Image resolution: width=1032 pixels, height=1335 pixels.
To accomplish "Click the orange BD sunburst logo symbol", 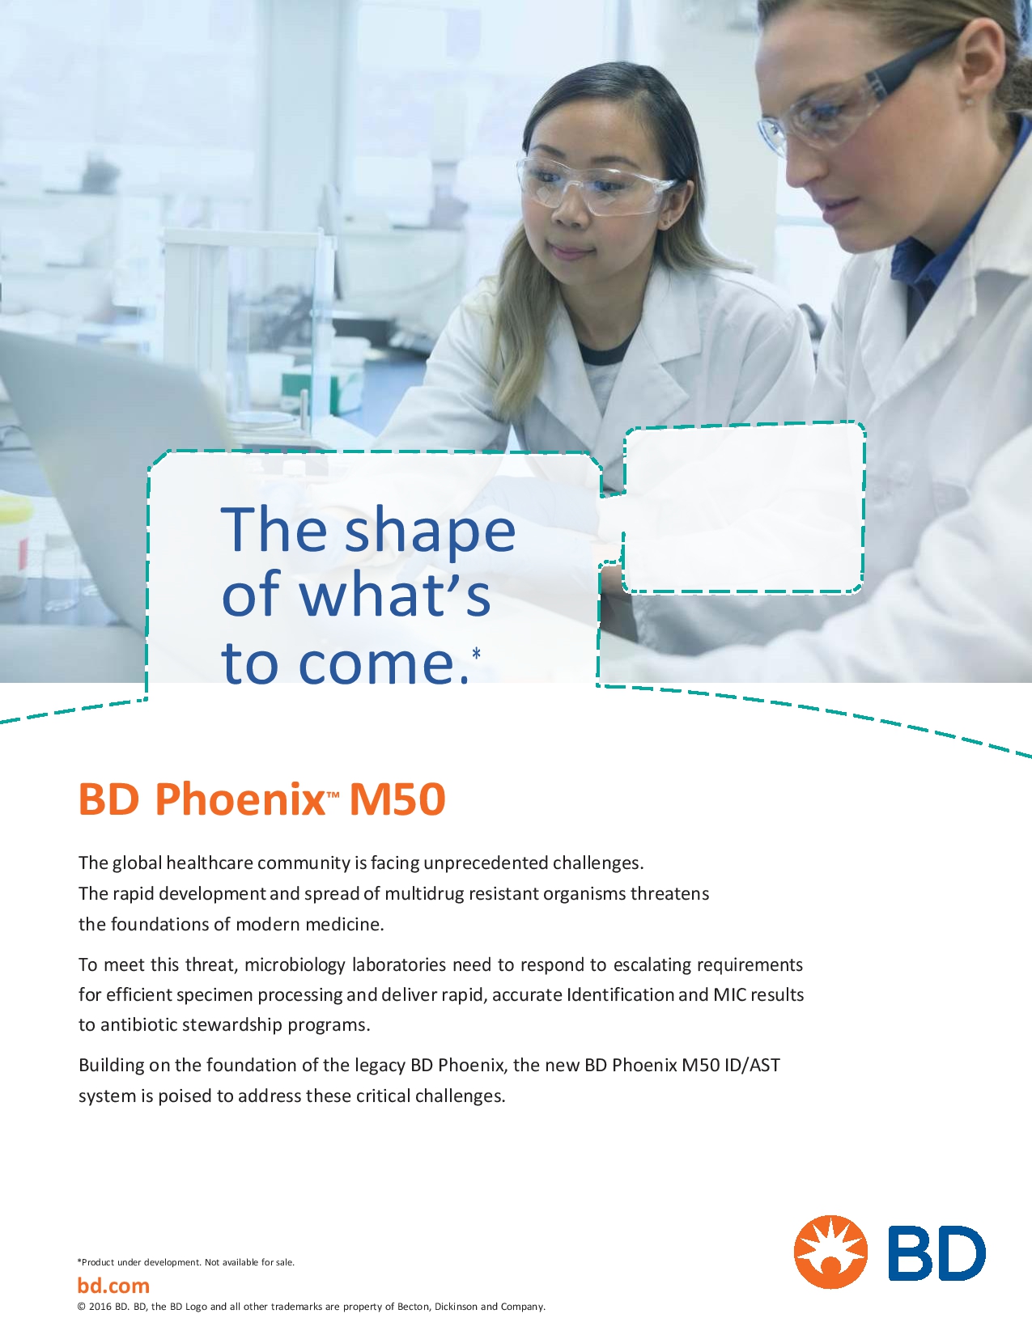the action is (830, 1252).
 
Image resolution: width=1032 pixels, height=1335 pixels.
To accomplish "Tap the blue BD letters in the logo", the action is (936, 1252).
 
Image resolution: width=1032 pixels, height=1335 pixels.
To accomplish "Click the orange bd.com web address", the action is (113, 1285).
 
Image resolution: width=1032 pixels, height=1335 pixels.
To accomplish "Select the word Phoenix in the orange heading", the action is (240, 799).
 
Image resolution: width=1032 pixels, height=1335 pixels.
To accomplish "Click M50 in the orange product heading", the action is (397, 800).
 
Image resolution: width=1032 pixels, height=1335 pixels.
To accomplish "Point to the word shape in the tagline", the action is (430, 532).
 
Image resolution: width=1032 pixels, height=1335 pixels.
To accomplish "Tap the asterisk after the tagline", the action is (476, 654).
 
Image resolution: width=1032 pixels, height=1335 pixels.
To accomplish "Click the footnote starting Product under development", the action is (185, 1262).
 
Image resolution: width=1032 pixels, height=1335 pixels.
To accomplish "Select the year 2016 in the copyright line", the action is (101, 1307).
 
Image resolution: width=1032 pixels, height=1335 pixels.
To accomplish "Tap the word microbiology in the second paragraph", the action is (295, 965).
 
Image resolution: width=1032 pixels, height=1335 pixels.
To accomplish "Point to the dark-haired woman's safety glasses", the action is (595, 185).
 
